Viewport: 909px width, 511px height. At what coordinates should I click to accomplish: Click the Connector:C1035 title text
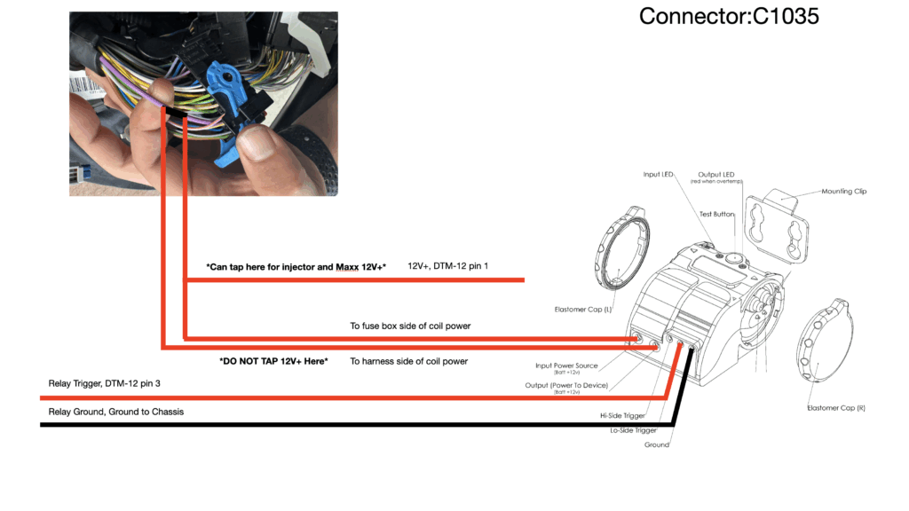730,16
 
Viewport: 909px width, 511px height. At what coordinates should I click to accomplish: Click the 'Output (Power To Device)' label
567,385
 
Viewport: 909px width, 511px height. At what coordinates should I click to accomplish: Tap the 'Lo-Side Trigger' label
632,429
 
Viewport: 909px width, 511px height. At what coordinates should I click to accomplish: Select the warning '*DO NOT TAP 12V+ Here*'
273,361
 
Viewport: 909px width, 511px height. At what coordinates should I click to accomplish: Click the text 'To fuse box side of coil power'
410,326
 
